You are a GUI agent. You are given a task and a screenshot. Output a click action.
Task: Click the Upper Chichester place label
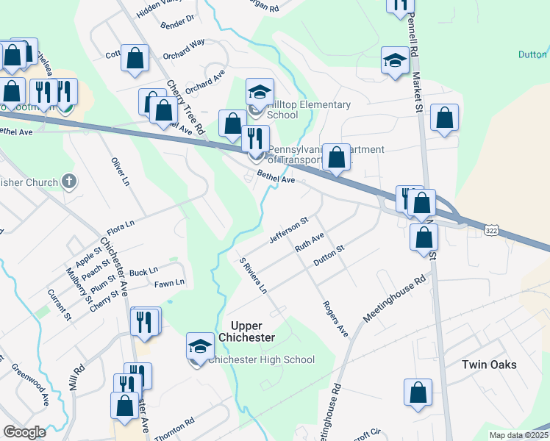242,331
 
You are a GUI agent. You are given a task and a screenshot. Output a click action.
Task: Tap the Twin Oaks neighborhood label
489,365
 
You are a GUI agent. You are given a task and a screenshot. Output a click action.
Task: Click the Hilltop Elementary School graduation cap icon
260,93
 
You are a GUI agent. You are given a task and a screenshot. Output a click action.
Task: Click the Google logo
24,432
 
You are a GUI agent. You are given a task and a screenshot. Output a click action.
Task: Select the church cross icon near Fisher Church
69,180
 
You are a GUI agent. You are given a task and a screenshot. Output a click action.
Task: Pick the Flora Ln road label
121,223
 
